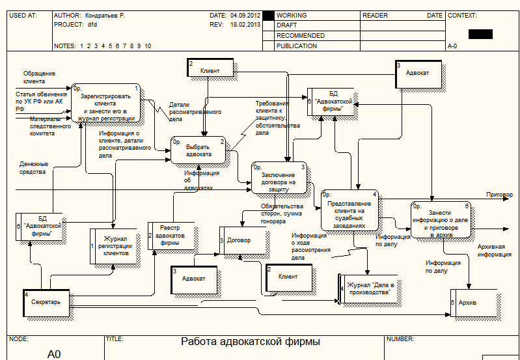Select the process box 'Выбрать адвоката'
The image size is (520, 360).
click(x=198, y=150)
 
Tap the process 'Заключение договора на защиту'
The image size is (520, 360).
click(x=279, y=178)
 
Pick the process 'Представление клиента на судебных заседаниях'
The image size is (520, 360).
click(x=349, y=209)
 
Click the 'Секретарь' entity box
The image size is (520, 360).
click(x=46, y=302)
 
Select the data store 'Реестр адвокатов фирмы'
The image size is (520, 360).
click(x=172, y=236)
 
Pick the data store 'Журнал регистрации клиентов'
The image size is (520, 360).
click(x=115, y=246)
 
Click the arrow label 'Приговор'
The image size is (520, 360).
click(x=499, y=195)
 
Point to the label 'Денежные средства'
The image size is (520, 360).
click(x=33, y=168)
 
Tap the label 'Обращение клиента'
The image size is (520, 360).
click(x=38, y=77)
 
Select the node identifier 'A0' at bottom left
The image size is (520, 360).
click(x=54, y=354)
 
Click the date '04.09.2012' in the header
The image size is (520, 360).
click(x=245, y=14)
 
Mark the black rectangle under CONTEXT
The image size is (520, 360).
click(x=480, y=34)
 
